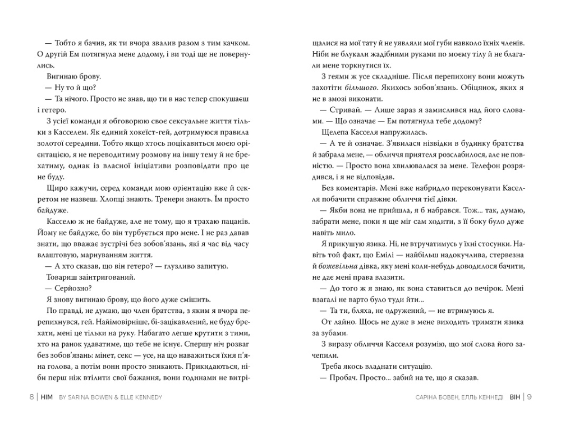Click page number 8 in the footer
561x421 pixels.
[31, 396]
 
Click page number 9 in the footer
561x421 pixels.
[530, 396]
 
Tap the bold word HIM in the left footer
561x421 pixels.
[47, 396]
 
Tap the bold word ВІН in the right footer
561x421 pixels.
[514, 396]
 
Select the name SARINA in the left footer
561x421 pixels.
[80, 396]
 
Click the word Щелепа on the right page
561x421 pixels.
[334, 132]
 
